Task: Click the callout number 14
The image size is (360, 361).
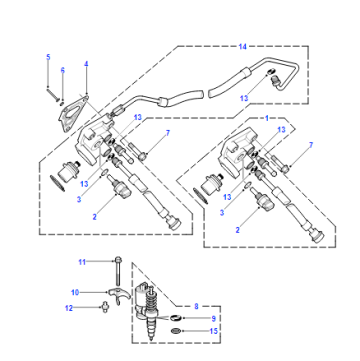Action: (242, 47)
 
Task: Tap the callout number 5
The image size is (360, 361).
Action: (48, 57)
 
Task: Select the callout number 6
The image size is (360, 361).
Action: (63, 70)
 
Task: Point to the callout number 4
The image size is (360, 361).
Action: (86, 64)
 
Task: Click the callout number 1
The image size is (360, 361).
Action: (267, 118)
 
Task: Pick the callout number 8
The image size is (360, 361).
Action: (196, 306)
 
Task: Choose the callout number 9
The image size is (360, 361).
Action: (214, 319)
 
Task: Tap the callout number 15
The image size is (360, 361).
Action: (213, 331)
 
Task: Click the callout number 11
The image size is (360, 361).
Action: (82, 262)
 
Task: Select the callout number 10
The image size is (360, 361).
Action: (75, 293)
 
